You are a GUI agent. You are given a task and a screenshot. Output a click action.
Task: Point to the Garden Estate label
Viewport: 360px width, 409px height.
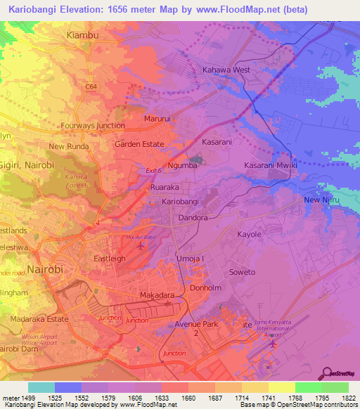(x=139, y=144)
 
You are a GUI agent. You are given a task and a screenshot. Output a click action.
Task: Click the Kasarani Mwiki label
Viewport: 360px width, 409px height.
(x=271, y=164)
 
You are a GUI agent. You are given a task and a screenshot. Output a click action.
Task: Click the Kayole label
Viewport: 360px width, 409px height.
(x=249, y=234)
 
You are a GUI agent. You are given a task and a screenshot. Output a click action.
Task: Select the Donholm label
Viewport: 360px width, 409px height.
(x=206, y=288)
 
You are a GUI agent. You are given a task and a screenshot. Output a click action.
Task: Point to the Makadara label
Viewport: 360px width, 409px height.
(x=157, y=296)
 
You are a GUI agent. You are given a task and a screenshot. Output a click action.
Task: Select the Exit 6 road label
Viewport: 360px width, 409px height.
(x=153, y=171)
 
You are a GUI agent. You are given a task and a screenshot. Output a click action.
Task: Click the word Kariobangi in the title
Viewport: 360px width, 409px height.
(x=40, y=10)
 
